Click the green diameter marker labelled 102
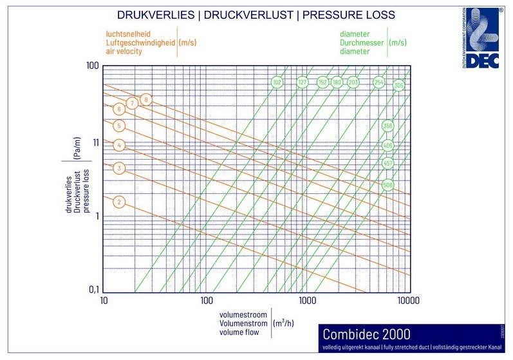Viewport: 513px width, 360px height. pos(277,82)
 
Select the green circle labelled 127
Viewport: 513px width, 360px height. pos(303,82)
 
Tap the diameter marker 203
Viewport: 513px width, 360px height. pos(353,82)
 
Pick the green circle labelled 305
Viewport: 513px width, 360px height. pos(399,85)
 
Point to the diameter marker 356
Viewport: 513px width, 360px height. pos(387,126)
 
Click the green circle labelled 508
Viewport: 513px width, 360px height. pos(387,185)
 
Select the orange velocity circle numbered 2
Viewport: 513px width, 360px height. pos(118,202)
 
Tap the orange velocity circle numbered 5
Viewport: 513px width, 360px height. pos(118,126)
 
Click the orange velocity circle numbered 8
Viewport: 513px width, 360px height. pos(146,99)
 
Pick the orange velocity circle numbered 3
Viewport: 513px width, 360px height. pos(118,169)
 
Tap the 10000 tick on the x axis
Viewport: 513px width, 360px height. pos(409,301)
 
